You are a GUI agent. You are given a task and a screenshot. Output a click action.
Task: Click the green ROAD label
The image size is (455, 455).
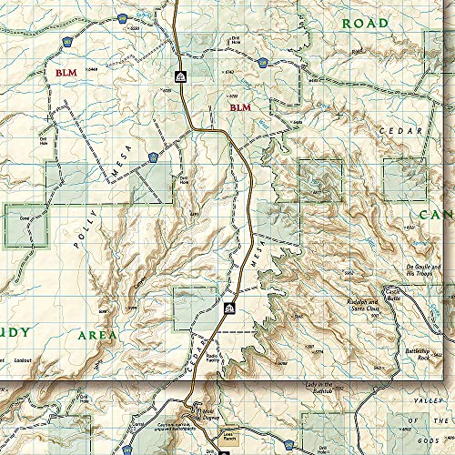(x=363, y=23)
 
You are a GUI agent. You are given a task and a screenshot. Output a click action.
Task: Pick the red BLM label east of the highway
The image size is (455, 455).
(x=239, y=107)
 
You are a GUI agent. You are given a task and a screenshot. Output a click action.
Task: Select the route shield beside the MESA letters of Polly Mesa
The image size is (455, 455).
(x=151, y=157)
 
